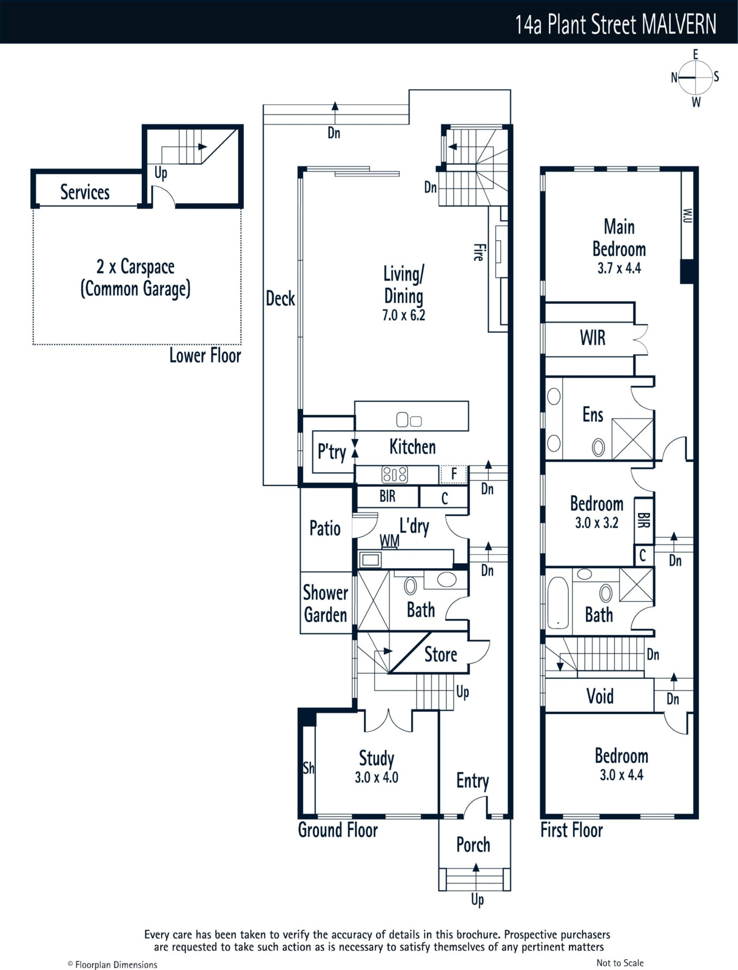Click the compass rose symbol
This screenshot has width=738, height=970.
pos(695,78)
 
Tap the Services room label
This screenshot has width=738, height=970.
pos(85,192)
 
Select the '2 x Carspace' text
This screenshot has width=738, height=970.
pos(135,267)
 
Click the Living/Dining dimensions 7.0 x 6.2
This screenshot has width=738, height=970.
pos(403,315)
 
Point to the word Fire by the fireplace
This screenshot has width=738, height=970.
pos(478,252)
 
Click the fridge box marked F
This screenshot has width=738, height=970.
pos(454,475)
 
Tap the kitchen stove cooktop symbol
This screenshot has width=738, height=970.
pos(395,475)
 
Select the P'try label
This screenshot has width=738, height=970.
pos(332,452)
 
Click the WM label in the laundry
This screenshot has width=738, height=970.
pos(389,540)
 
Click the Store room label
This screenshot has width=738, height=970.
pos(441,655)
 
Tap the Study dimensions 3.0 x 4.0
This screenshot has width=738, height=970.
pos(377,777)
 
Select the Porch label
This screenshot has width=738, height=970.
pos(473,845)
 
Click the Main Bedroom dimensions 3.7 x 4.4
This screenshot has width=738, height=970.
pos(619,268)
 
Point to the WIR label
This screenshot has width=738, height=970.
pos(592,338)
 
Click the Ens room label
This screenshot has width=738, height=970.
pos(592,415)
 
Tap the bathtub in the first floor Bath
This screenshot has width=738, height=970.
pos(559,603)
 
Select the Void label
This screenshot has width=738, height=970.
pos(600,696)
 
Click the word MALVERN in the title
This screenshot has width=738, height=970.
pos(679,24)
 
